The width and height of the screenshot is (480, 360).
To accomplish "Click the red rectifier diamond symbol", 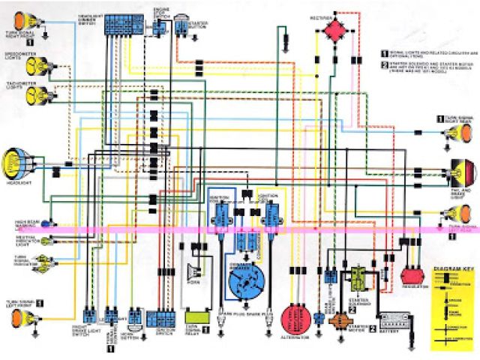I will [335, 30].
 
